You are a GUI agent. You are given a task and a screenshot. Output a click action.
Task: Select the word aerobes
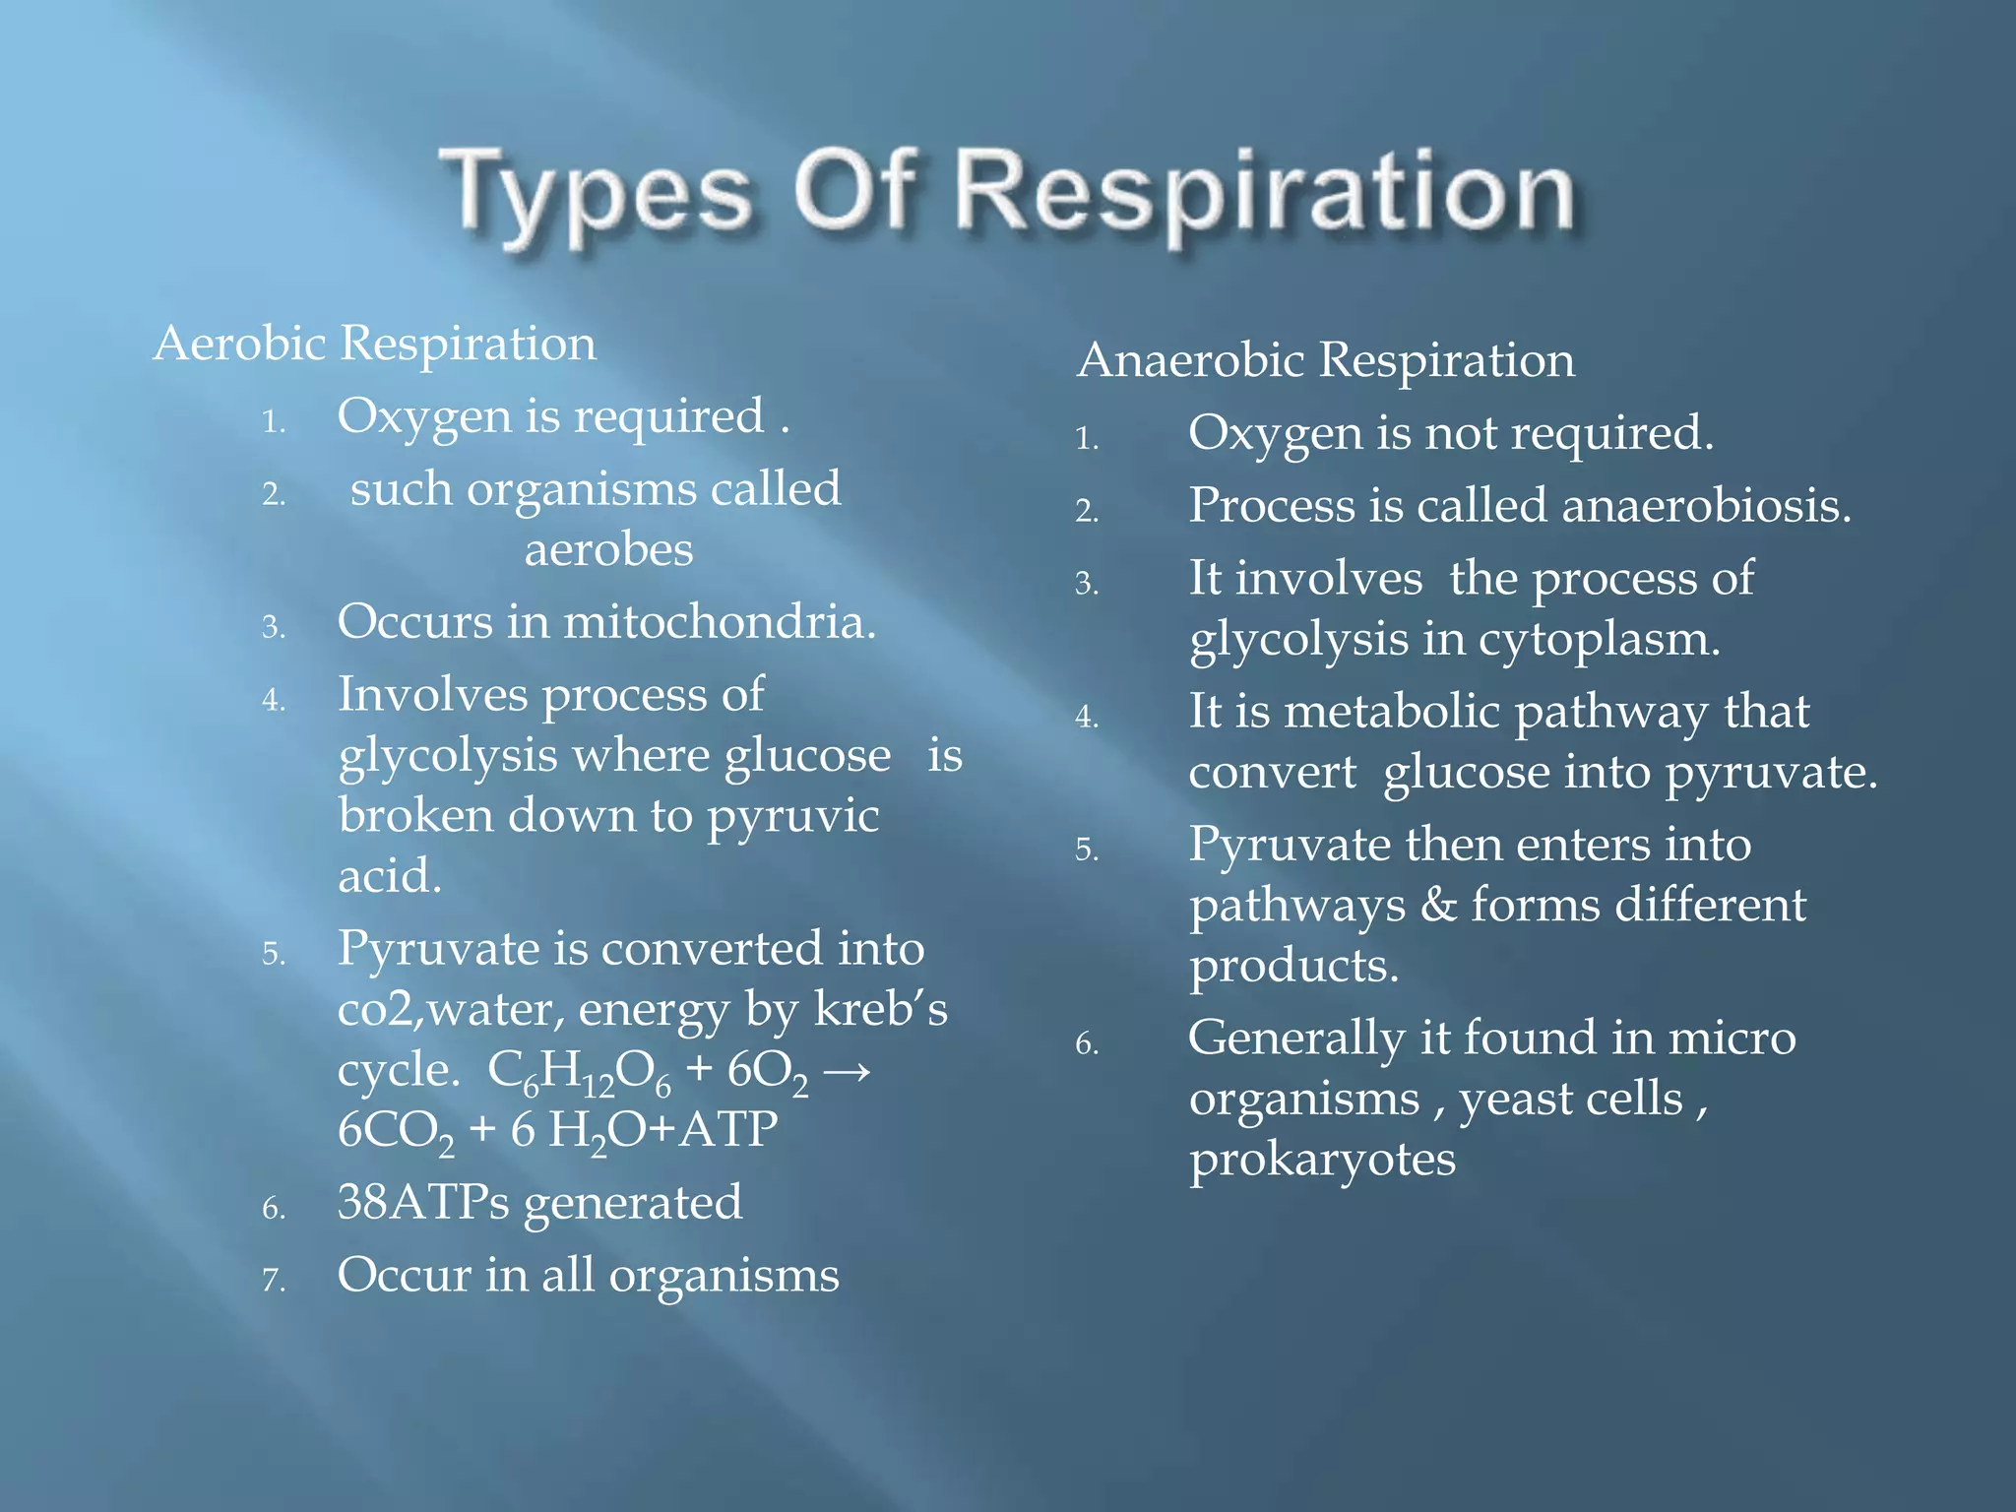[x=608, y=549]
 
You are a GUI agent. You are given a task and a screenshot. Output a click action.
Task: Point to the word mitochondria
[x=719, y=622]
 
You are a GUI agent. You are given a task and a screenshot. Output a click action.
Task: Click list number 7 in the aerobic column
[x=273, y=1280]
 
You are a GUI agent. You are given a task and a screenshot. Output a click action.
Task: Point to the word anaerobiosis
[x=1706, y=506]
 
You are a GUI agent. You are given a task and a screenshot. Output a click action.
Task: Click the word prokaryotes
[x=1322, y=1159]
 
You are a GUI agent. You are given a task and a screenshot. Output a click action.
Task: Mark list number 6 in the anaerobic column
[x=1086, y=1043]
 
